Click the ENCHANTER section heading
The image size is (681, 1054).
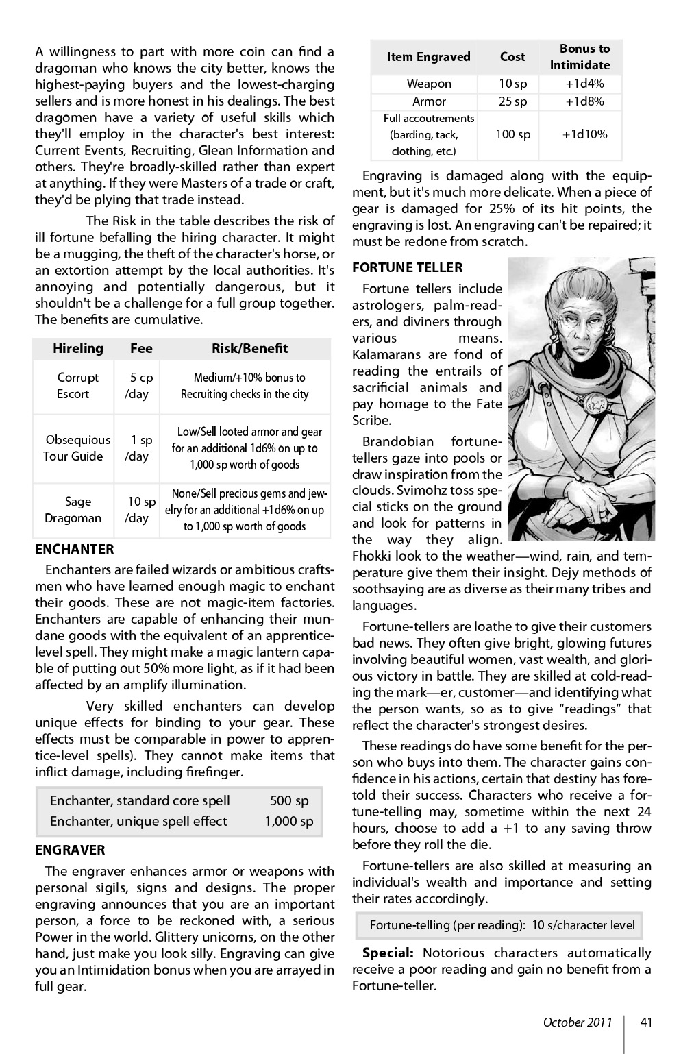(75, 549)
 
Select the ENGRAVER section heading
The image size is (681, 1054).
(71, 850)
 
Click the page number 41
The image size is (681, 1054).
(646, 1022)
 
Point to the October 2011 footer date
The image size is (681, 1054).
(577, 1022)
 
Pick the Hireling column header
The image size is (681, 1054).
(78, 348)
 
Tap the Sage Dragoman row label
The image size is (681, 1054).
(73, 510)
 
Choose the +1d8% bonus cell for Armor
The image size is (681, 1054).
(584, 101)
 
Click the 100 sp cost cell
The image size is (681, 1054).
(512, 134)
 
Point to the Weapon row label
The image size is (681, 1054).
(429, 84)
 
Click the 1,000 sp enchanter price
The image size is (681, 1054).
(289, 821)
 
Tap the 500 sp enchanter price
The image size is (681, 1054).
(289, 800)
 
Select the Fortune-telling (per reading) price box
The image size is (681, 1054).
(502, 925)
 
